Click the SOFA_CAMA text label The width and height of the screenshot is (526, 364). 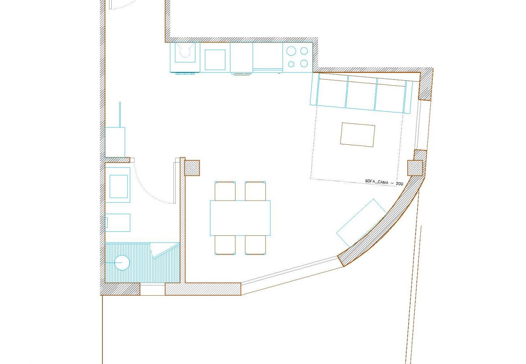377,182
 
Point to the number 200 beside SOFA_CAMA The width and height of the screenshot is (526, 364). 399,184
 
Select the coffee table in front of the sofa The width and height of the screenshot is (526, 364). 358,135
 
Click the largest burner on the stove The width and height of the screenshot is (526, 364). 291,51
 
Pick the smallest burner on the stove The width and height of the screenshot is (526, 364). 291,64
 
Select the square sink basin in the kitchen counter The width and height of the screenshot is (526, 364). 215,60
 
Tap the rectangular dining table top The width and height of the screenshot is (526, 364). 240,218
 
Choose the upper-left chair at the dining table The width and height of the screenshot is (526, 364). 225,191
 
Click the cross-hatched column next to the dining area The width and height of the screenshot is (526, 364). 192,168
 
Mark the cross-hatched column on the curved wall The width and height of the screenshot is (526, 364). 415,168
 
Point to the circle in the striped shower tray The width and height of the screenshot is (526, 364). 122,263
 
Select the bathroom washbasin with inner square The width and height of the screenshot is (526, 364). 119,186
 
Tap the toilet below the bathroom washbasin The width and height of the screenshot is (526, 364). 118,222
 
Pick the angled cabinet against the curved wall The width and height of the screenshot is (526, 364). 361,222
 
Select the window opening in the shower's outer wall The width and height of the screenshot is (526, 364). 153,290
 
